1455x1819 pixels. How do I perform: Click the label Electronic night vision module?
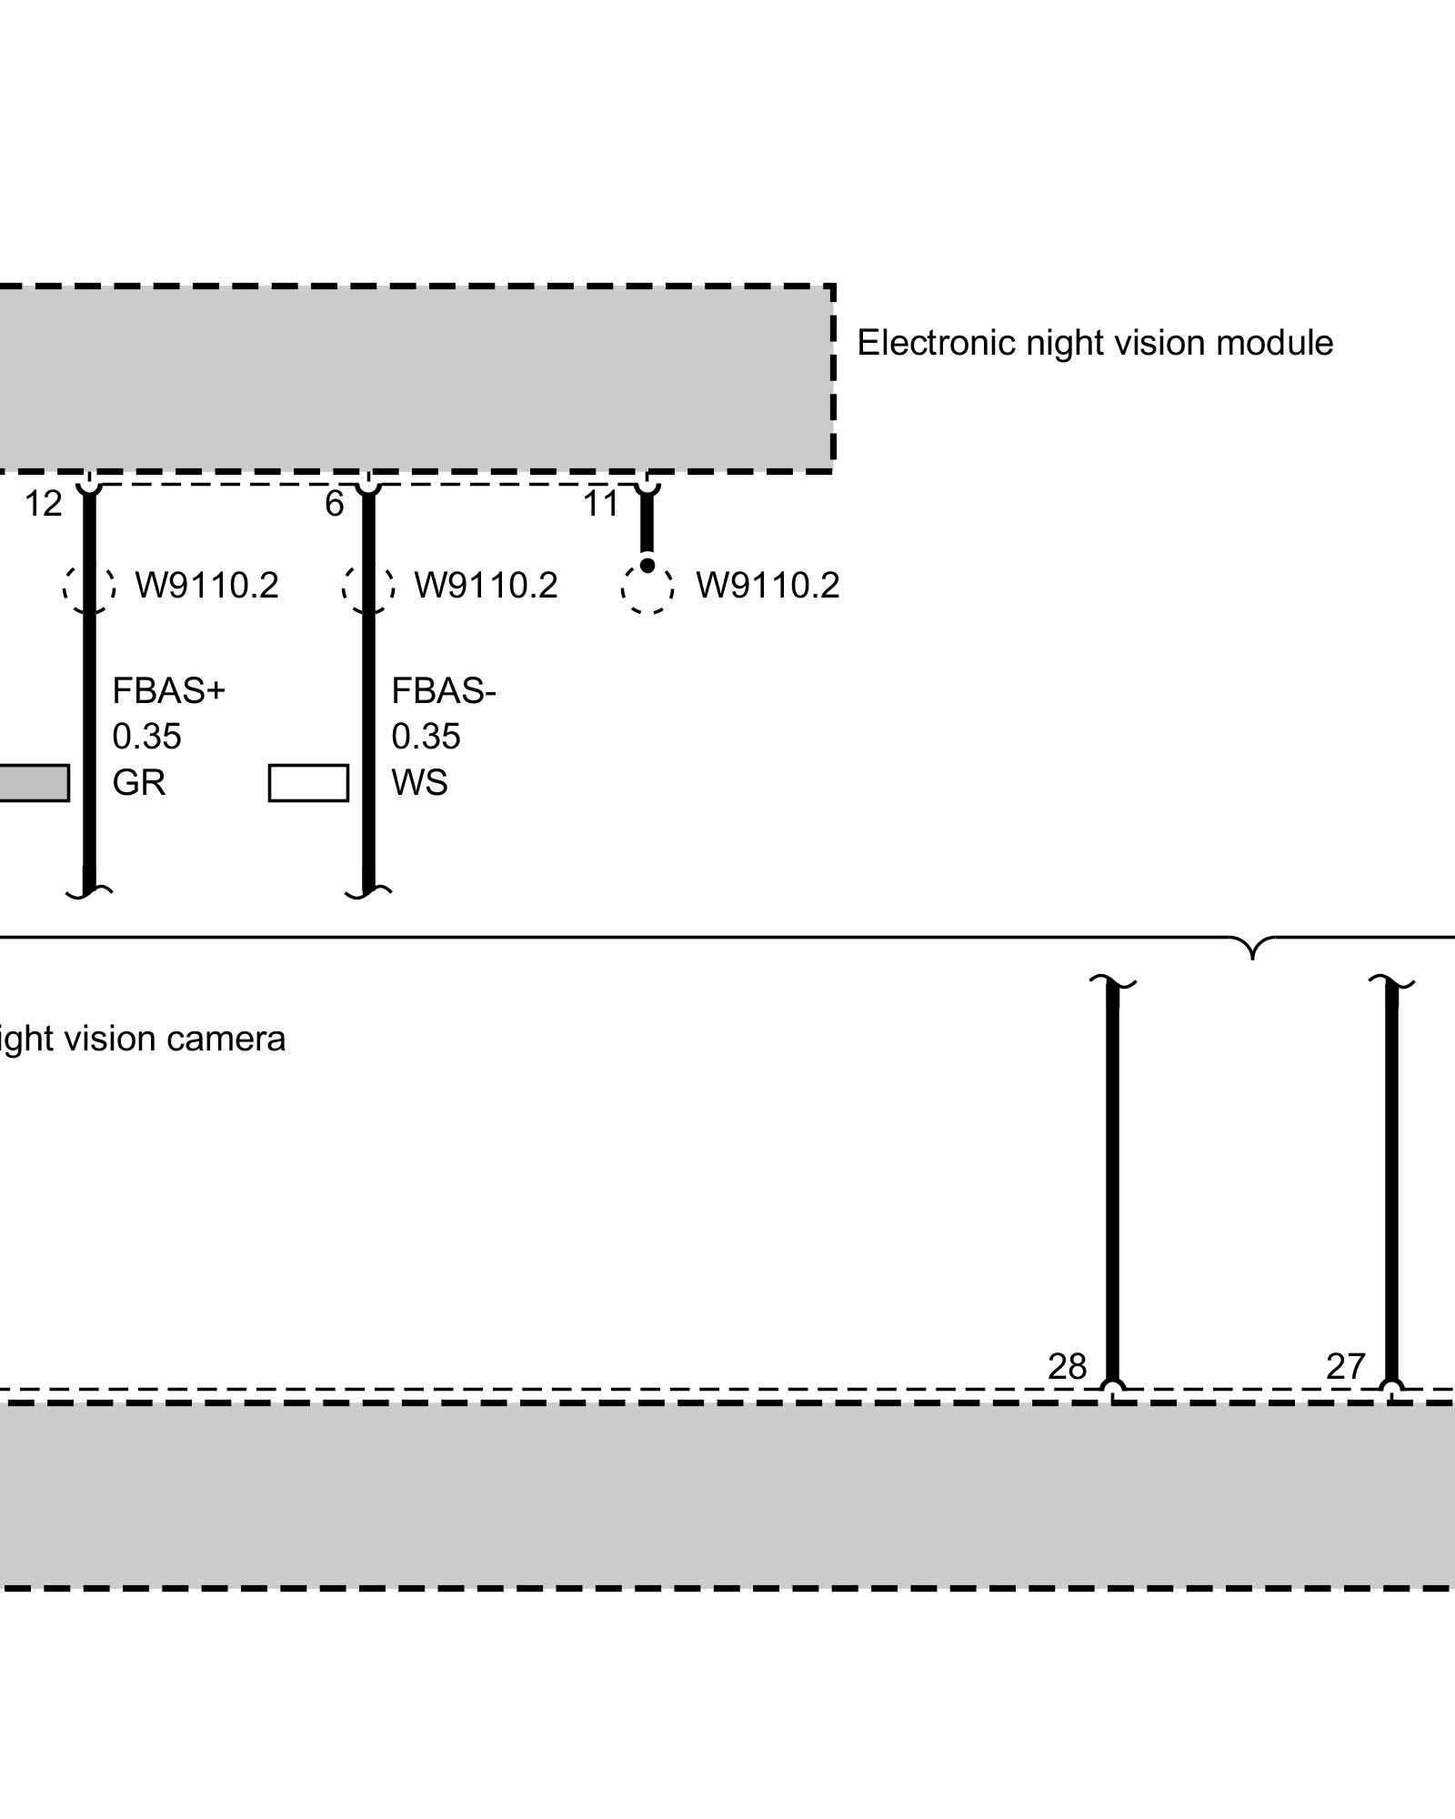click(1094, 344)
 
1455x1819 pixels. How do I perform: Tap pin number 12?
click(44, 504)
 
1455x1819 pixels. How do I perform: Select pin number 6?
click(335, 504)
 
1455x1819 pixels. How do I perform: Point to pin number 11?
click(600, 504)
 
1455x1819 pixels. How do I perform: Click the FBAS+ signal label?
click(168, 691)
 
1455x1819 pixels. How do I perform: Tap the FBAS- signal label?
click(444, 691)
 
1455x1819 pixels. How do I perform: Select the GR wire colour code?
click(139, 782)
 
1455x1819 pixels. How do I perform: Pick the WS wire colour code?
click(419, 782)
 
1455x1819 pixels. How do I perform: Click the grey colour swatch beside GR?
click(33, 783)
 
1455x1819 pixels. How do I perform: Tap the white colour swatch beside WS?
click(308, 783)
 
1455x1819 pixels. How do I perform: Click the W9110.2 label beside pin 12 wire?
click(206, 586)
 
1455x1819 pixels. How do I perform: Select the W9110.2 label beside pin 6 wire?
click(486, 586)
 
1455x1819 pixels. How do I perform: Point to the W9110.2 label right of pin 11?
click(768, 586)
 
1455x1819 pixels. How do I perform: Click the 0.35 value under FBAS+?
click(146, 737)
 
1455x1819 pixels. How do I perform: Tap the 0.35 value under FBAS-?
click(426, 737)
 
